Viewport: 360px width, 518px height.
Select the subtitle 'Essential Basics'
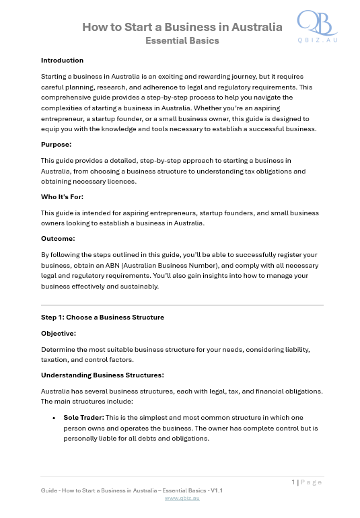(182, 40)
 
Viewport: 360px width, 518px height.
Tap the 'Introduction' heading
(62, 61)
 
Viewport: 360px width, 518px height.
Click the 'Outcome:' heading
(58, 238)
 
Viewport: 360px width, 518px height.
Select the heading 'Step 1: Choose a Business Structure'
(102, 317)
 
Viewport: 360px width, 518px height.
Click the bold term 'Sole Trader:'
(83, 417)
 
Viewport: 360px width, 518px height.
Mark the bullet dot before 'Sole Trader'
(53, 418)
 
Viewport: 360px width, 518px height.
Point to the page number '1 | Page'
(307, 482)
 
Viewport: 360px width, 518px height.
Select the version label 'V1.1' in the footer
(217, 490)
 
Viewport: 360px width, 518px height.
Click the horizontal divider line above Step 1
(182, 305)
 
